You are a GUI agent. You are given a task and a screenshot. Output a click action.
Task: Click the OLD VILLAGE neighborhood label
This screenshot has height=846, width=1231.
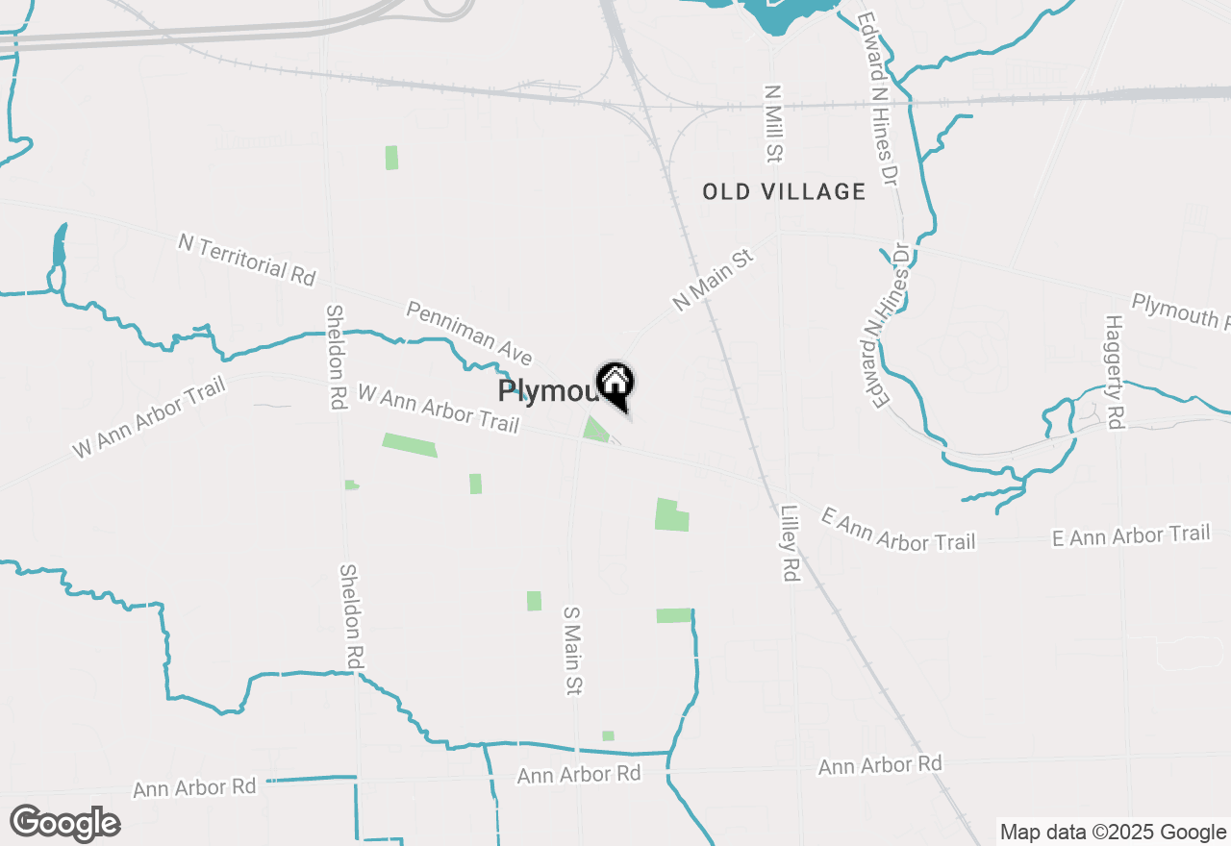[x=784, y=191]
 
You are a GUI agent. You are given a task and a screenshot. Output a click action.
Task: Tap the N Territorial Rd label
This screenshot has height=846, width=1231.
[x=246, y=258]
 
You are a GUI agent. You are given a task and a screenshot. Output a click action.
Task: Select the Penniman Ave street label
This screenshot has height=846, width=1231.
[x=468, y=333]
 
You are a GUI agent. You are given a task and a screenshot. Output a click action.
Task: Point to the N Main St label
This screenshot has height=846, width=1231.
[x=712, y=278]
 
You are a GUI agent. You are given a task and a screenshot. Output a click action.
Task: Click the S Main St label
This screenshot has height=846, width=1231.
[x=573, y=650]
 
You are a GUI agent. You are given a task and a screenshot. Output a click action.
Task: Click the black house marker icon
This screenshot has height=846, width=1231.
[x=615, y=385]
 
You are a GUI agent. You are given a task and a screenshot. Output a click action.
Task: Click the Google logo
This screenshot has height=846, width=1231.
[x=65, y=823]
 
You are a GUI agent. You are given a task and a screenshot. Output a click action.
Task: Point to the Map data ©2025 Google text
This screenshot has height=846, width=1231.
[x=1113, y=833]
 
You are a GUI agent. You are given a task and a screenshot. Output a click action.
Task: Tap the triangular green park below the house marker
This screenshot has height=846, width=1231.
[x=595, y=430]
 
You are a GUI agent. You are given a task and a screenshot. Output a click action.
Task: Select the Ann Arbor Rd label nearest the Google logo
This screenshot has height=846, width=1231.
[x=195, y=787]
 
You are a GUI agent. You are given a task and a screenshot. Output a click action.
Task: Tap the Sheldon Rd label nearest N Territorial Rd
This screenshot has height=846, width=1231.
[x=336, y=358]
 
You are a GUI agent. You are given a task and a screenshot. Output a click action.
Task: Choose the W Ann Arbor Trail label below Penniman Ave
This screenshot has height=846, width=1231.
[x=439, y=409]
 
